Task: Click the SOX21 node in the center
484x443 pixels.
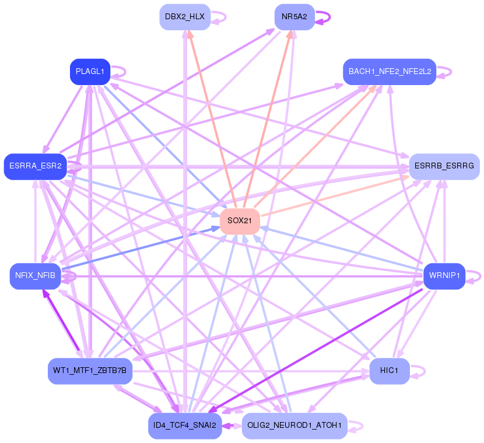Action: (x=239, y=221)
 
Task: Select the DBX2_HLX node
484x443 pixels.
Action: (x=184, y=17)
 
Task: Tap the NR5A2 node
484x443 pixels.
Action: (x=294, y=17)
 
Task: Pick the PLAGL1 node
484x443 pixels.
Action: (x=90, y=72)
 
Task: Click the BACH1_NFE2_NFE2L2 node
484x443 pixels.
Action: (x=390, y=72)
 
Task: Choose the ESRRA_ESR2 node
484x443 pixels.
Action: (x=35, y=166)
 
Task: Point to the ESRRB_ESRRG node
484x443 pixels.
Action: (x=444, y=166)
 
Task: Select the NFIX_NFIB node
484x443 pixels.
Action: (x=35, y=276)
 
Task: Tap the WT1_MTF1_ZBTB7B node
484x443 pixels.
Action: (x=90, y=371)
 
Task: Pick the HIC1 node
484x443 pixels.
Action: (x=389, y=371)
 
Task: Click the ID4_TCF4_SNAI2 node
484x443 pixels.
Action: (x=184, y=426)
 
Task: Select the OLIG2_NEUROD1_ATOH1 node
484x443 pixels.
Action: (x=294, y=426)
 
